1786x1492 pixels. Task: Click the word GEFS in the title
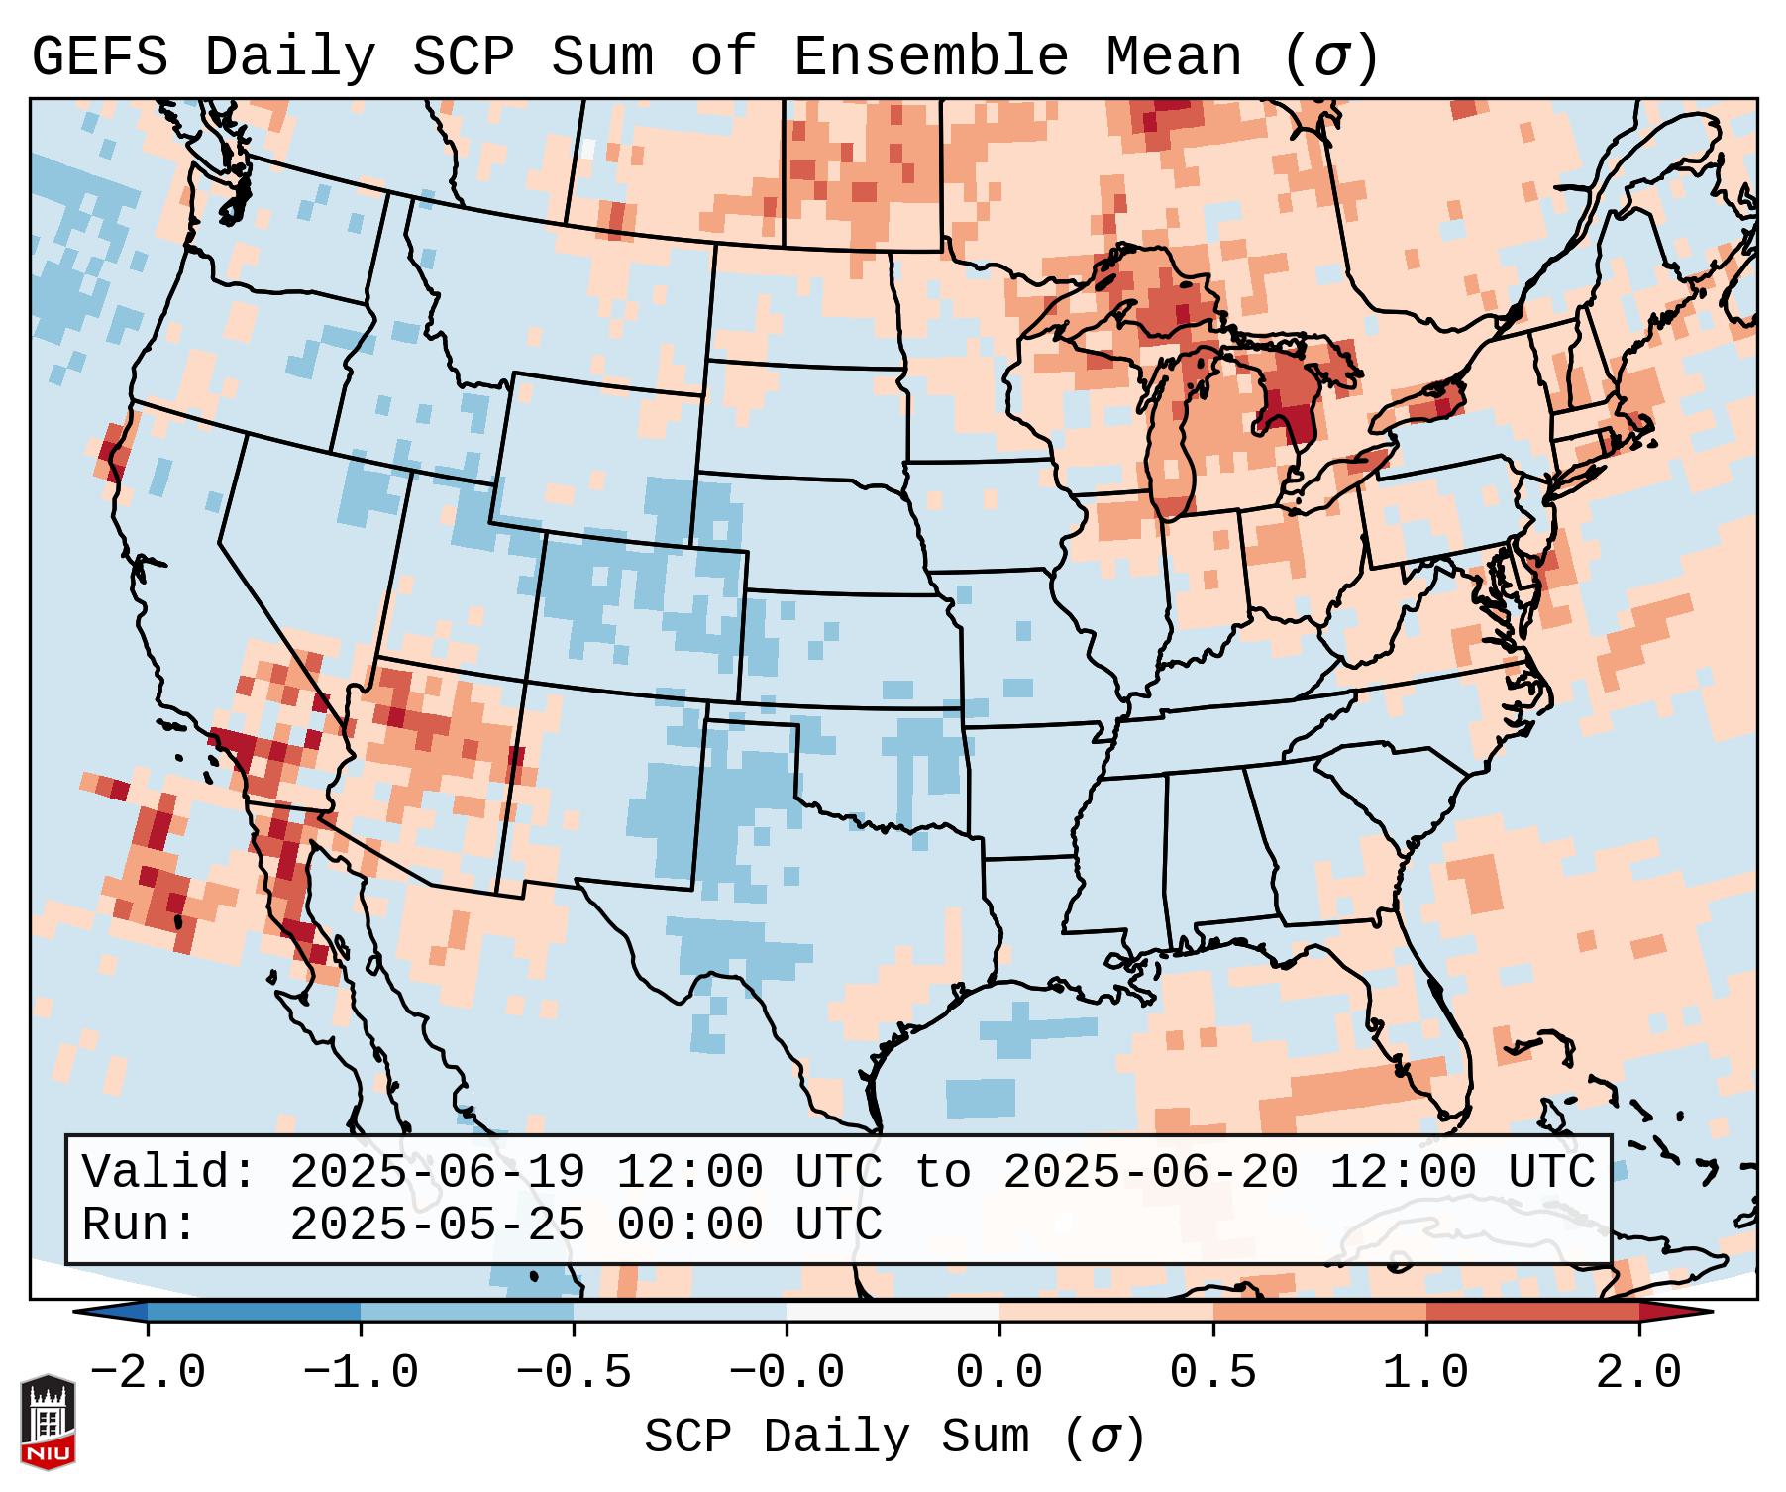tap(99, 57)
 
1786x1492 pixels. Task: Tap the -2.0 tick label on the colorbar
tap(148, 1373)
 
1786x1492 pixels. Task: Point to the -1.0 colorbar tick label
tap(361, 1373)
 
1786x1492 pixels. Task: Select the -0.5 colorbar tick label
tap(574, 1373)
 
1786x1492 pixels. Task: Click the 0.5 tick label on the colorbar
tap(1213, 1373)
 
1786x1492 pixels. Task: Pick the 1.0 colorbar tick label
tap(1426, 1373)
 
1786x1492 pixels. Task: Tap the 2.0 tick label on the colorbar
tap(1639, 1373)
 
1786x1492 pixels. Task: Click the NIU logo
tap(48, 1422)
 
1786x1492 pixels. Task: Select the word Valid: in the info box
tap(168, 1172)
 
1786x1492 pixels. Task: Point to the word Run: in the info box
tap(139, 1225)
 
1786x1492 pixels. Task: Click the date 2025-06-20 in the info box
tap(1150, 1172)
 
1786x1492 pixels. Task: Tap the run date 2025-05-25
tap(437, 1225)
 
